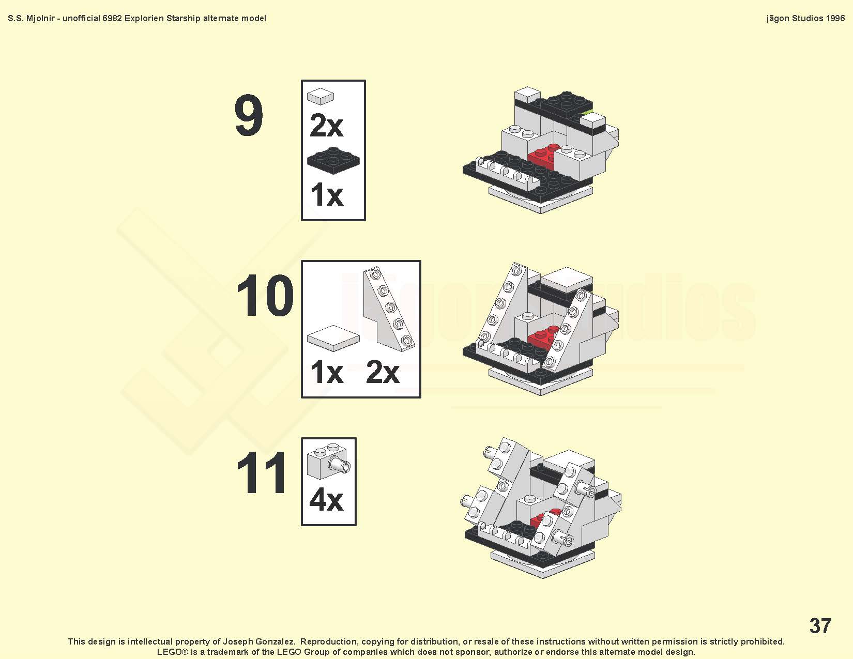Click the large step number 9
pos(249,115)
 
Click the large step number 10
pos(265,295)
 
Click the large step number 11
pos(262,472)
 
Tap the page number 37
pos(820,625)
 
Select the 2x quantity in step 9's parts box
pos(326,126)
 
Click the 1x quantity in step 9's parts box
pos(327,195)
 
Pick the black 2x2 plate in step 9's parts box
pos(333,161)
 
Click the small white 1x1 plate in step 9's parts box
pos(321,96)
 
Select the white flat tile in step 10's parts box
pos(333,338)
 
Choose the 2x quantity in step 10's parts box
pos(383,372)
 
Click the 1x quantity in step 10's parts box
pos(327,372)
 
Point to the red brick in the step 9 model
pos(542,156)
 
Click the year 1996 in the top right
pos(835,19)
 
